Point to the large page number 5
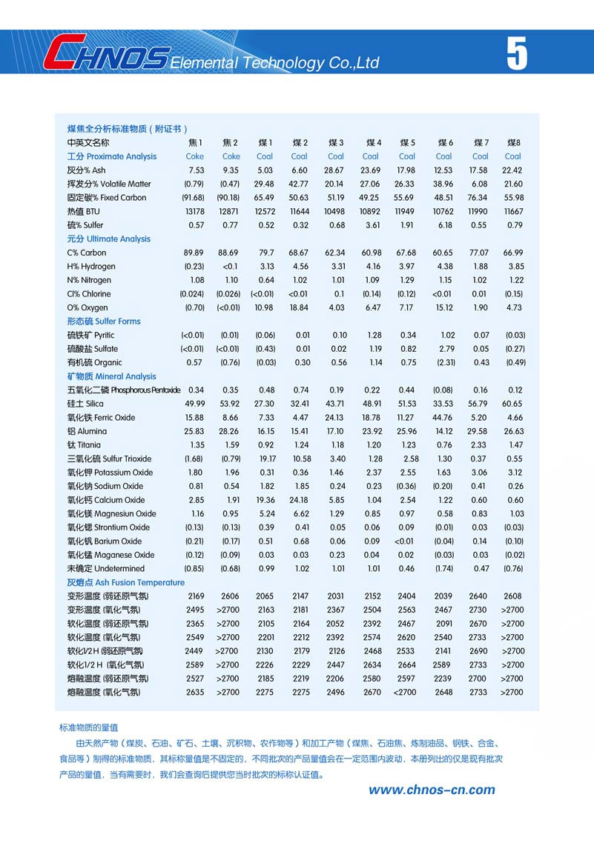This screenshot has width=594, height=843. pyautogui.click(x=517, y=53)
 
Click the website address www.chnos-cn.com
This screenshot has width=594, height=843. pyautogui.click(x=432, y=790)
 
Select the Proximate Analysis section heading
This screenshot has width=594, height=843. pyautogui.click(x=112, y=156)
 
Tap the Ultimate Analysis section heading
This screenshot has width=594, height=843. pyautogui.click(x=108, y=239)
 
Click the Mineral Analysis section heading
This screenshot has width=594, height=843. pyautogui.click(x=111, y=376)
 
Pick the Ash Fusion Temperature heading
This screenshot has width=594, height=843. pyautogui.click(x=125, y=582)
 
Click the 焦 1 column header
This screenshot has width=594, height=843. pyautogui.click(x=195, y=142)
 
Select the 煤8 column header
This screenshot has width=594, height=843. pyautogui.click(x=513, y=142)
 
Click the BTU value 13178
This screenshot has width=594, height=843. pyautogui.click(x=194, y=211)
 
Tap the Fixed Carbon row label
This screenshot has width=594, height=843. pyautogui.click(x=107, y=198)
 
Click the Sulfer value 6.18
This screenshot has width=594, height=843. pyautogui.click(x=444, y=225)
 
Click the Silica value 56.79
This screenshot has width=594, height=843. pyautogui.click(x=479, y=404)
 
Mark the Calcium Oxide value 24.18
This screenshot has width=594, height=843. pyautogui.click(x=299, y=500)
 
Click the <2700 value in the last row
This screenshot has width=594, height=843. pyautogui.click(x=406, y=693)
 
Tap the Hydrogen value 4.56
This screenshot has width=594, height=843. pyautogui.click(x=300, y=267)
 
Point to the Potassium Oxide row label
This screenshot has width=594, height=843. pyautogui.click(x=110, y=473)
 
